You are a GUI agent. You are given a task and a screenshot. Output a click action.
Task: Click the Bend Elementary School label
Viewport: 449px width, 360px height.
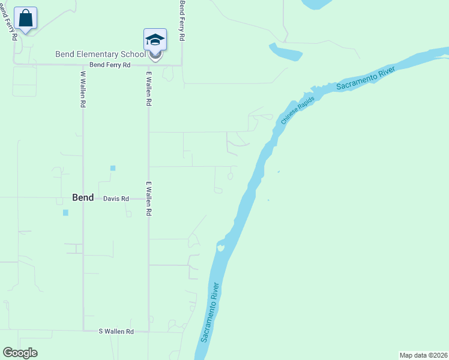tap(100, 54)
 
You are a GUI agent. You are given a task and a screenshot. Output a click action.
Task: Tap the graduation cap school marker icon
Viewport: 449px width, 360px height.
tap(155, 40)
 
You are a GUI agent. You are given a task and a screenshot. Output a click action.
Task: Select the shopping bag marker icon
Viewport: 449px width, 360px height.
tap(26, 18)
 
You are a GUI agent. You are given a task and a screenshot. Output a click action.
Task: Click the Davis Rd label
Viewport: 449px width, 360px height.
tap(116, 199)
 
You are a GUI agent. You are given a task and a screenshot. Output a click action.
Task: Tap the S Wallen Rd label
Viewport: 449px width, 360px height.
tap(116, 331)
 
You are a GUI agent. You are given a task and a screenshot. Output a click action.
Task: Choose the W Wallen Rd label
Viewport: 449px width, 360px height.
tap(83, 89)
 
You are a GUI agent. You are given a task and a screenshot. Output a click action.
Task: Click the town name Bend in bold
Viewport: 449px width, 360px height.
tap(83, 197)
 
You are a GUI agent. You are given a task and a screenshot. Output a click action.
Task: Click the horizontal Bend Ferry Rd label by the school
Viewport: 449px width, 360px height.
tap(110, 65)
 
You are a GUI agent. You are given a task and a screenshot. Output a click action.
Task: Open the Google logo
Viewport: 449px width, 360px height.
tap(20, 353)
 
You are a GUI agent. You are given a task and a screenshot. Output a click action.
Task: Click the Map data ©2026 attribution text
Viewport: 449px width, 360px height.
tap(423, 355)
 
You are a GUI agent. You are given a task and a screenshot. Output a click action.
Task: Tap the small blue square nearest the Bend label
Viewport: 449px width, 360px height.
tap(65, 212)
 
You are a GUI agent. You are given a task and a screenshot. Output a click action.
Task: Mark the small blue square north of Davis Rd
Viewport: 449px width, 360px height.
tap(112, 168)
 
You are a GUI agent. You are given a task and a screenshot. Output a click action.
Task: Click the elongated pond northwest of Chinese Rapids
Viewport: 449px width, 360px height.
tap(285, 52)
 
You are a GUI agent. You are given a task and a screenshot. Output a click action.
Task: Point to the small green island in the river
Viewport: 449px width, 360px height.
tap(221, 247)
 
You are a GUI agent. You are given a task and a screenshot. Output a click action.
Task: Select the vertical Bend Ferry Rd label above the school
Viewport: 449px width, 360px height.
tap(182, 20)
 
